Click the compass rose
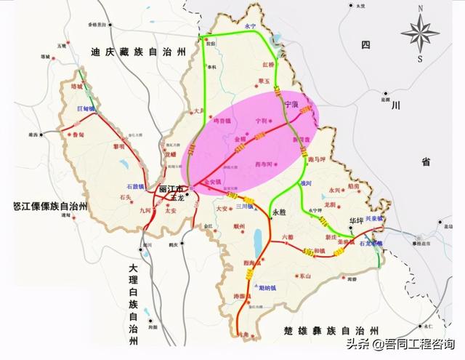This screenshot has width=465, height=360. pos(419,33)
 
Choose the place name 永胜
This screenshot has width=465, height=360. pos(280,212)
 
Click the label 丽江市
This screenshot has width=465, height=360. pos(170,189)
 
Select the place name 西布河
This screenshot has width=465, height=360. pos(265,165)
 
